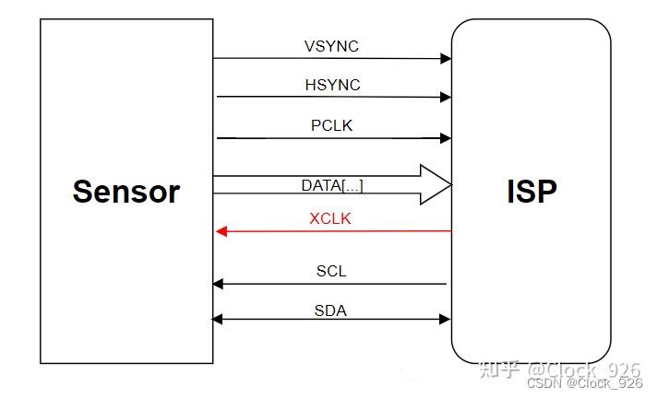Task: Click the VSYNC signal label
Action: (x=332, y=46)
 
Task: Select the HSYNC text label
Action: (x=332, y=85)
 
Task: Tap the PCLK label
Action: (x=331, y=125)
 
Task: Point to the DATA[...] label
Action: (x=332, y=185)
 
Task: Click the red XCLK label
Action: (x=330, y=219)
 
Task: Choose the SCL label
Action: (x=331, y=272)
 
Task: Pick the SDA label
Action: (x=330, y=310)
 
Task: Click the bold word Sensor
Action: (x=126, y=192)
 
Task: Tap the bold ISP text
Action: (x=532, y=192)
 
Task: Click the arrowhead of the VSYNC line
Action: (x=447, y=58)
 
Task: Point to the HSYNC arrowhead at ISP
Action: (x=447, y=97)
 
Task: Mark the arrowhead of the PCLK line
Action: (x=447, y=138)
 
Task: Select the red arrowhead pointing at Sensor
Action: (x=221, y=231)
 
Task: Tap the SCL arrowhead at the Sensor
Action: (x=218, y=284)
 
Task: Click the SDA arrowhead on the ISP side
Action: (x=446, y=319)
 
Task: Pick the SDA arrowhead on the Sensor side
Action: (x=218, y=319)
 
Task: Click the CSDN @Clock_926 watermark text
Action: (x=585, y=383)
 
